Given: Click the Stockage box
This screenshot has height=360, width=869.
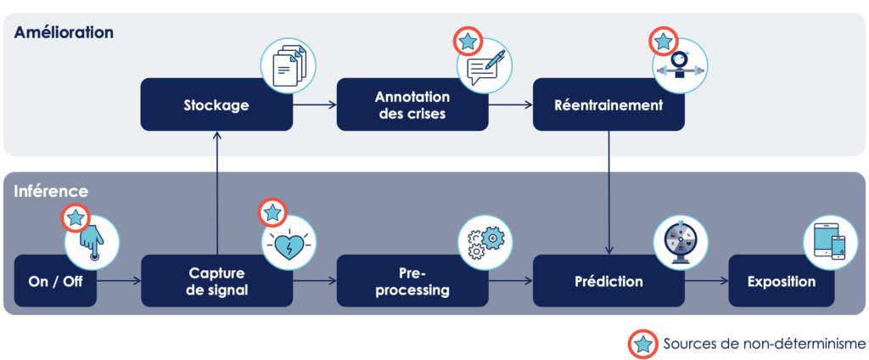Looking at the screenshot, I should pyautogui.click(x=216, y=105).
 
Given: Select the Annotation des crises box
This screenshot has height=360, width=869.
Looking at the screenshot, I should pyautogui.click(x=412, y=105).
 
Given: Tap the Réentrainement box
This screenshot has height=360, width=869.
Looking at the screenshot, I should pyautogui.click(x=608, y=105).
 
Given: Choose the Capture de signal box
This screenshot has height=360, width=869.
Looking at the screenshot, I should pyautogui.click(x=216, y=281).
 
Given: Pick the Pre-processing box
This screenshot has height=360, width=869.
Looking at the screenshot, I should pyautogui.click(x=412, y=281).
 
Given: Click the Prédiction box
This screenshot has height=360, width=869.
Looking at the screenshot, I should pyautogui.click(x=608, y=281).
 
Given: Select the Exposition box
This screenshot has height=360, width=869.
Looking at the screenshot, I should pyautogui.click(x=782, y=281).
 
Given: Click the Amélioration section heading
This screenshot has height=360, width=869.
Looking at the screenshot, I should pyautogui.click(x=64, y=32).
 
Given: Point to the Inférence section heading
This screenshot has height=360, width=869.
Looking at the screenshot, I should pyautogui.click(x=50, y=192).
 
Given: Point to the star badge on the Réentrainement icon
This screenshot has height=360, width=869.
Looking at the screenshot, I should pyautogui.click(x=663, y=41).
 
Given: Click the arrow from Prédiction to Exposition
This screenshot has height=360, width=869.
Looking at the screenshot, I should pyautogui.click(x=706, y=281).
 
